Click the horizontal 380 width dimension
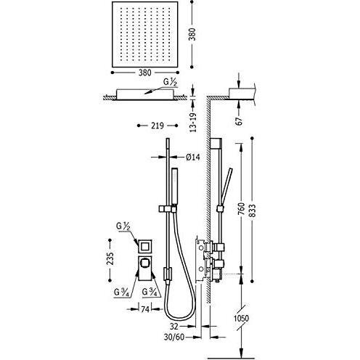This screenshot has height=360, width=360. click(145, 73)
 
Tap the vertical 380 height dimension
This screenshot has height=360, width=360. click(192, 34)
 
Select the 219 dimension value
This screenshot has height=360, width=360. click(157, 126)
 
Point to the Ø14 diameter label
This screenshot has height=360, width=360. click(193, 157)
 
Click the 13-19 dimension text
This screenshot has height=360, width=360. click(193, 122)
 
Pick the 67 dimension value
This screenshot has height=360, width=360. click(239, 121)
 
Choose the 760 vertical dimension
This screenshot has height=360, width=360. click(242, 209)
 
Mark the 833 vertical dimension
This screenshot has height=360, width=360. click(252, 210)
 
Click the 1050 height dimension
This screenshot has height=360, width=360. click(241, 318)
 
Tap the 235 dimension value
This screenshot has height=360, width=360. click(110, 259)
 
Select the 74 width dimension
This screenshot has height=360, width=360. click(145, 309)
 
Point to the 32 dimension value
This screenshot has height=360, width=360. click(174, 327)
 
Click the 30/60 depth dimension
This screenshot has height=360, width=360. click(174, 337)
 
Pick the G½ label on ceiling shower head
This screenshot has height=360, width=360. click(171, 82)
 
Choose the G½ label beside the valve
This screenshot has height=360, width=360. click(123, 226)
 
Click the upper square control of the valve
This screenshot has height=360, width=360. click(145, 247)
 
